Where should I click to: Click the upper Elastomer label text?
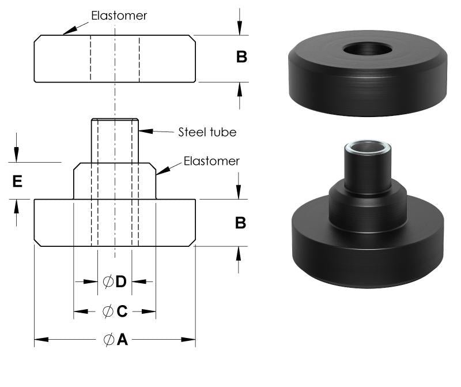click(119, 16)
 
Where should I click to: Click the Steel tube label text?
click(205, 132)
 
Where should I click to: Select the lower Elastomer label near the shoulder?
click(211, 161)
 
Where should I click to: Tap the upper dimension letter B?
click(241, 57)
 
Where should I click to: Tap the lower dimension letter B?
click(241, 223)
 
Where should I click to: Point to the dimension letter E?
click(17, 182)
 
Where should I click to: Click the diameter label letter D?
click(121, 281)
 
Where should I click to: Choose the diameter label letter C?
click(122, 311)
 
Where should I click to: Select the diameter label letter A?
click(122, 340)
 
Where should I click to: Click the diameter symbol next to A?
click(109, 340)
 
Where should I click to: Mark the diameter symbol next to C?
click(108, 311)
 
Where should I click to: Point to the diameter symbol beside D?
click(108, 281)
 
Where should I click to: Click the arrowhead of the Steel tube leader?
click(143, 131)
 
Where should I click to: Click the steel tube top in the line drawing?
click(115, 120)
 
